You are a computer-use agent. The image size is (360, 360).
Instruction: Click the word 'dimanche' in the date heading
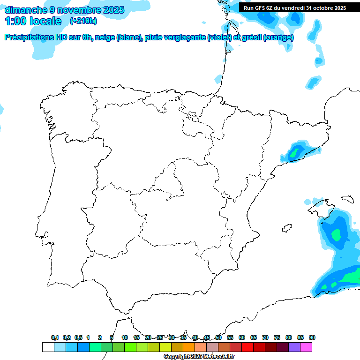click(25, 10)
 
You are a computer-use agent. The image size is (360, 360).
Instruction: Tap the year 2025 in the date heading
click(112, 10)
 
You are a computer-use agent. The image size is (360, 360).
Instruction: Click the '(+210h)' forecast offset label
click(83, 21)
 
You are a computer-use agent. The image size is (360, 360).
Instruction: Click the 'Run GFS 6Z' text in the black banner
click(261, 8)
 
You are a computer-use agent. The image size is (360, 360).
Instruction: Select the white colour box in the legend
click(48, 347)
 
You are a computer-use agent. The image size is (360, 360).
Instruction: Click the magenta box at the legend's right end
click(306, 347)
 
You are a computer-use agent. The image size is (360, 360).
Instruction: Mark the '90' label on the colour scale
click(312, 337)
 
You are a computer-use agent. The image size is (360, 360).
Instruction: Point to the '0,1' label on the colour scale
click(55, 337)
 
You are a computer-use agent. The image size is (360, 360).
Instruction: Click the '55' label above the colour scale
click(230, 337)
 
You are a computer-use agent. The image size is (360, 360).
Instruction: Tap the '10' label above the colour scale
click(125, 337)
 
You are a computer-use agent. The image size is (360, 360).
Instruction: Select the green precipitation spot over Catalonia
click(296, 152)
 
